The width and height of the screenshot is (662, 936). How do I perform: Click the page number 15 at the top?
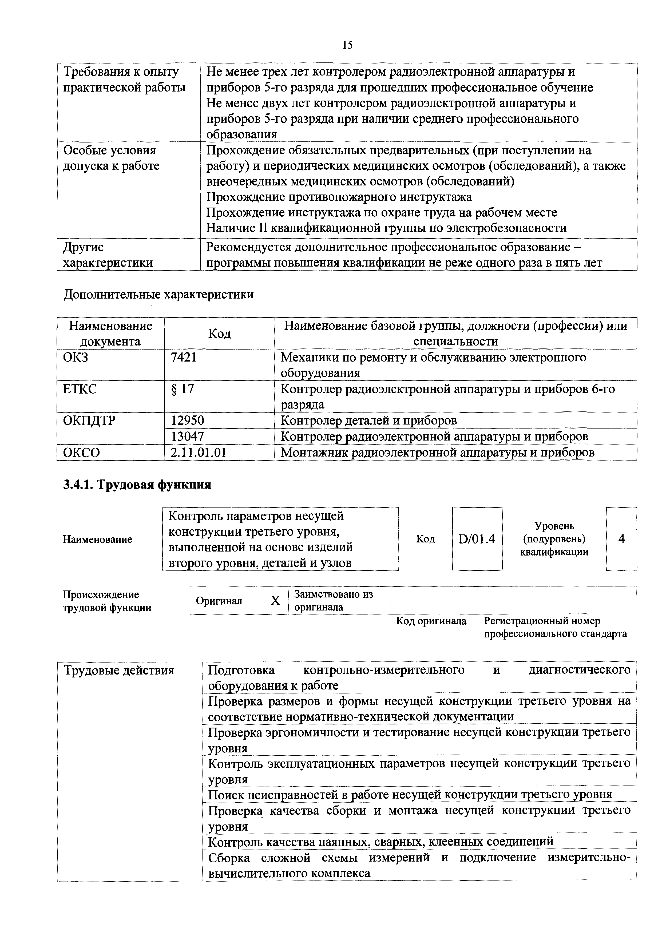(x=347, y=45)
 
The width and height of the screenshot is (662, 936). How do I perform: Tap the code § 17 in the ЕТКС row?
(x=183, y=389)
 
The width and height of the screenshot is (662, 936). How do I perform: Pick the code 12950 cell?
(x=188, y=420)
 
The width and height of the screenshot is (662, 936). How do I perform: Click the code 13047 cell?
(x=188, y=436)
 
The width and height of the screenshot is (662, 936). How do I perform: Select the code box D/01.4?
(x=477, y=539)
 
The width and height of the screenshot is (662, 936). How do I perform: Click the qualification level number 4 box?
(x=621, y=539)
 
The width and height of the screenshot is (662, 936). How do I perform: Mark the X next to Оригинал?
(x=276, y=601)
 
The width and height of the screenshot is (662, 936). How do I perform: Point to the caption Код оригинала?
(x=431, y=621)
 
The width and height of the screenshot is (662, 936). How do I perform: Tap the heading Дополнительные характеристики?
(x=158, y=294)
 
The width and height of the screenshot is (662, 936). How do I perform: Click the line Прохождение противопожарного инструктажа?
(x=339, y=197)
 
